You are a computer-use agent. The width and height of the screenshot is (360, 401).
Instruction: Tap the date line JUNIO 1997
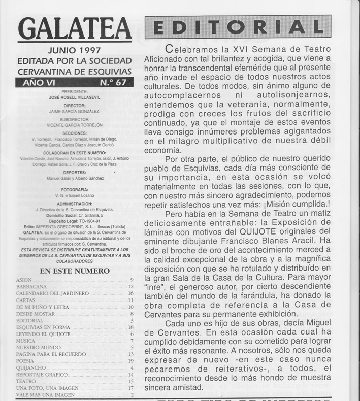tap(74, 51)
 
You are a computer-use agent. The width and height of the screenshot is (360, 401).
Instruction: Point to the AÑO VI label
tap(38, 83)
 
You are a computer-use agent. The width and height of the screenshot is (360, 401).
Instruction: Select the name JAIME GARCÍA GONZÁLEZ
tap(74, 111)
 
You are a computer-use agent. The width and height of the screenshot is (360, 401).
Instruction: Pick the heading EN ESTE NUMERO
tap(74, 270)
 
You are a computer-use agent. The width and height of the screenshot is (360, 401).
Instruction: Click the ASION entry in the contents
tap(24, 280)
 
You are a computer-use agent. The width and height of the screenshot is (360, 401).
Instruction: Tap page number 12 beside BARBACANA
tap(130, 287)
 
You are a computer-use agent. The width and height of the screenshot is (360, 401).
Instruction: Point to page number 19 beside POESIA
tap(130, 361)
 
